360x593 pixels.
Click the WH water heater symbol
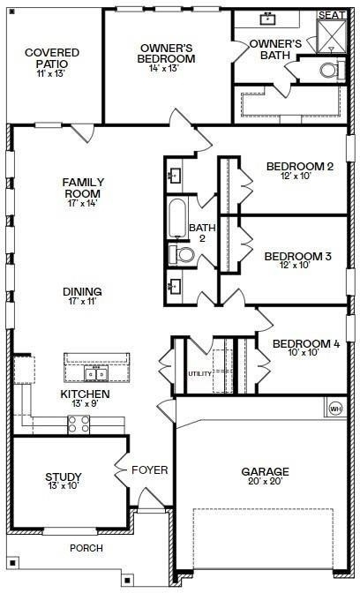(335, 409)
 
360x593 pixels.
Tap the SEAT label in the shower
(332, 15)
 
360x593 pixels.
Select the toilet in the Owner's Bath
(333, 70)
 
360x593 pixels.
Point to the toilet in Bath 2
(181, 254)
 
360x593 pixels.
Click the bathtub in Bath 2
(177, 217)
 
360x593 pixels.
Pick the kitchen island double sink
(96, 374)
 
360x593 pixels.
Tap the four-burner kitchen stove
(79, 424)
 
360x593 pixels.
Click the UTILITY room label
(200, 373)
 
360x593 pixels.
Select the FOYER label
(150, 470)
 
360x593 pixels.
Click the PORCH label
(86, 548)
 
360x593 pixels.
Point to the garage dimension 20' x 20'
(265, 481)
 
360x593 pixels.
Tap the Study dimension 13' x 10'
(64, 485)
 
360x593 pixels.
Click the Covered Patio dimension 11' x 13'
(52, 73)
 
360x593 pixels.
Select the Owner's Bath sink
(267, 19)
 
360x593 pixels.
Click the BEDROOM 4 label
(306, 344)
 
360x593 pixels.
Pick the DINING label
(82, 291)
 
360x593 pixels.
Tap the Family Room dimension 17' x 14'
(82, 203)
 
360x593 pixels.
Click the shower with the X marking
(331, 36)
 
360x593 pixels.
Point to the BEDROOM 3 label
(298, 256)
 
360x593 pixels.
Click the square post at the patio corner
(12, 11)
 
